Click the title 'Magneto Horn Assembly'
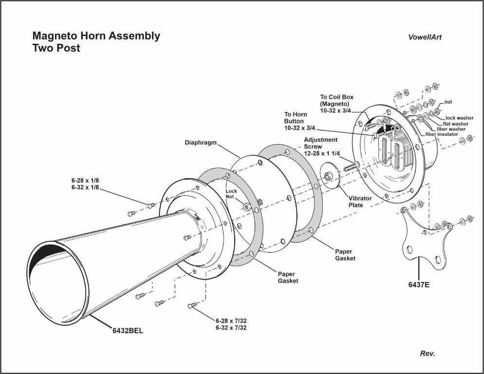[96, 36]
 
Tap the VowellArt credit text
[425, 37]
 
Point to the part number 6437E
[419, 284]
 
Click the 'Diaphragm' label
[201, 143]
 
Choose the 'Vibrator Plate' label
[360, 202]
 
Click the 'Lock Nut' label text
[231, 194]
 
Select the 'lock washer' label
[460, 118]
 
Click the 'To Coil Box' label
[336, 97]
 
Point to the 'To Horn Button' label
[294, 118]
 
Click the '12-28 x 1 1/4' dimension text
[321, 153]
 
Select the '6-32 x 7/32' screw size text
[231, 328]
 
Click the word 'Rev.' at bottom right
[427, 354]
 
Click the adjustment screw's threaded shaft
[350, 166]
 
